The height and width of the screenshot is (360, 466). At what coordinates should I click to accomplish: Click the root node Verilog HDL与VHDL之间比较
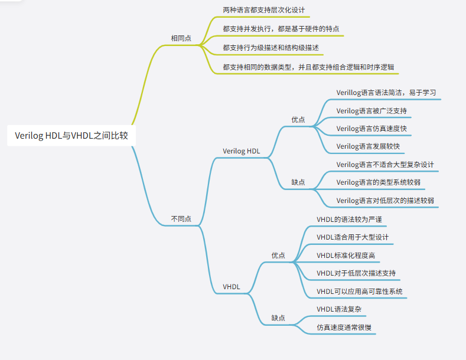pos(75,136)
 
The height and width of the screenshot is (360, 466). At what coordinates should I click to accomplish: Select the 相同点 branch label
pos(181,38)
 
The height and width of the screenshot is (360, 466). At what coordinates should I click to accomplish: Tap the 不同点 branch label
pos(181,218)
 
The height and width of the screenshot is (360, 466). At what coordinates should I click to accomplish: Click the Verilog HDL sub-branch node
pos(241,150)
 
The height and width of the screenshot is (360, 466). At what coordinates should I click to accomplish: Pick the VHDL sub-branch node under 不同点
pos(232,287)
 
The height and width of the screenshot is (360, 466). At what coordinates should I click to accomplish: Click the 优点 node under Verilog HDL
pos(298,119)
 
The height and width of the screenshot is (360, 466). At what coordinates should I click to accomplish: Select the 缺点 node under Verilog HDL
pos(298,182)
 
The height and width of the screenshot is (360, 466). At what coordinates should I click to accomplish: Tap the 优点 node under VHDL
pos(278,256)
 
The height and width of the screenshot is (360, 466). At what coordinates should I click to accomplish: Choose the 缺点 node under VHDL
pos(278,318)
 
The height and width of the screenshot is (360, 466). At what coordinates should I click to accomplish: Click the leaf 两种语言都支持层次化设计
pos(266,11)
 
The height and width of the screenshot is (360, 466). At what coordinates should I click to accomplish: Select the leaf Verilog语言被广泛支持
pos(371,110)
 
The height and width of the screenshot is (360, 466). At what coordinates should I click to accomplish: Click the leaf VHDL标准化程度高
pos(346,256)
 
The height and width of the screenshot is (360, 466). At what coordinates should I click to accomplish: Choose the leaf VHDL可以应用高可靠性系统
pos(360,292)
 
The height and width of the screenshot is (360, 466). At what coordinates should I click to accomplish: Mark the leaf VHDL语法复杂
pos(339,309)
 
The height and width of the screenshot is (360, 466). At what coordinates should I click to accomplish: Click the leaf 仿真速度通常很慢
pos(344,327)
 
